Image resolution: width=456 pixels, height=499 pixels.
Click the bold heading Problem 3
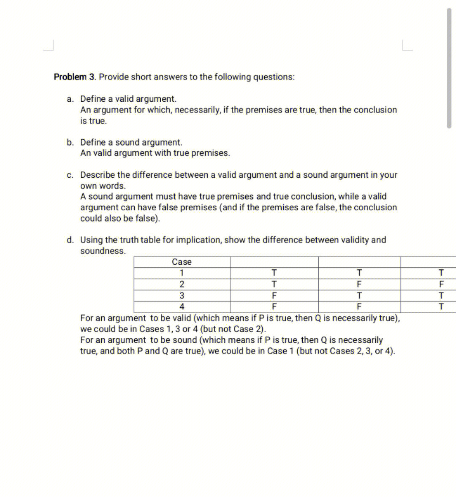[75, 77]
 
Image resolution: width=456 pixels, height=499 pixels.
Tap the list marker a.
[70, 99]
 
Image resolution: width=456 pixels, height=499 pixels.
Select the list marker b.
[70, 142]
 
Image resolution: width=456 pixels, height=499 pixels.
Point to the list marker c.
[70, 175]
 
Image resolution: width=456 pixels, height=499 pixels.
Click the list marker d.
[70, 240]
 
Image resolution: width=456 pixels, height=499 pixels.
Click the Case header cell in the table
[182, 262]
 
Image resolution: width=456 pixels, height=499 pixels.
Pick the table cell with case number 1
[182, 273]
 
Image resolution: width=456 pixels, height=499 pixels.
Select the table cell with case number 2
[182, 284]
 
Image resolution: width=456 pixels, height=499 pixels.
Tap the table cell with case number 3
[182, 295]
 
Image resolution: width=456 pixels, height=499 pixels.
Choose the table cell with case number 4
[182, 306]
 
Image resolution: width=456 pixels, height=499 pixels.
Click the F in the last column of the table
[441, 284]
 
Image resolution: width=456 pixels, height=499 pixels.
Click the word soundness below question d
[103, 251]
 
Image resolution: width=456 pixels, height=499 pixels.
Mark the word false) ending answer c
[147, 219]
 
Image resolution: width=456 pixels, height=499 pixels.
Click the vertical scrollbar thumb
[449, 68]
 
